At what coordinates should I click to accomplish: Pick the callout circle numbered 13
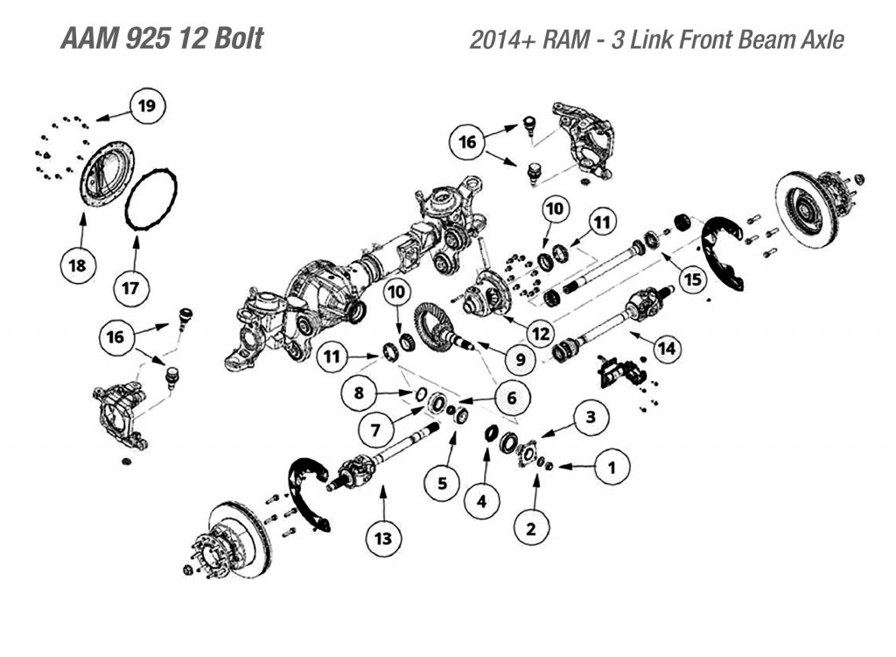tap(383, 537)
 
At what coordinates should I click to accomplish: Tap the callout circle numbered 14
tap(666, 348)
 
